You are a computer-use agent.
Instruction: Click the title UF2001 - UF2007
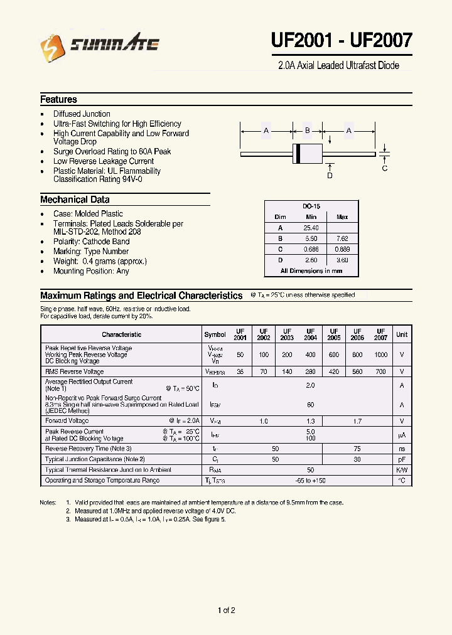pyautogui.click(x=342, y=41)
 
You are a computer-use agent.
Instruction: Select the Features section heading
pyautogui.click(x=58, y=100)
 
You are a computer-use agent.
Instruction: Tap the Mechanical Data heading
pyautogui.click(x=75, y=200)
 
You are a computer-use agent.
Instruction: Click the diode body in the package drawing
pyautogui.click(x=307, y=153)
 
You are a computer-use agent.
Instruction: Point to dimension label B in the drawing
pyautogui.click(x=307, y=131)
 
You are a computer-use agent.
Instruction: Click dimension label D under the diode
pyautogui.click(x=330, y=176)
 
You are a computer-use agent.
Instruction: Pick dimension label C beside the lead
pyautogui.click(x=385, y=168)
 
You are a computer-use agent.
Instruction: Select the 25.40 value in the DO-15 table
pyautogui.click(x=311, y=228)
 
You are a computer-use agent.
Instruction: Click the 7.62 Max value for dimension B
pyautogui.click(x=342, y=238)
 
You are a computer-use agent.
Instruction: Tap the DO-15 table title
pyautogui.click(x=311, y=206)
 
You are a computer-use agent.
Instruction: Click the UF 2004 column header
pyautogui.click(x=310, y=334)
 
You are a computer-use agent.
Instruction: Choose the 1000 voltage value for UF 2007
pyautogui.click(x=380, y=355)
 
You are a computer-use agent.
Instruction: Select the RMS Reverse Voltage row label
pyautogui.click(x=75, y=371)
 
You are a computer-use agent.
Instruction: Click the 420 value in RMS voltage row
pyautogui.click(x=333, y=371)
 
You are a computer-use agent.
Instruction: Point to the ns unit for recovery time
pyautogui.click(x=402, y=449)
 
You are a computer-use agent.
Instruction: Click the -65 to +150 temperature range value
pyautogui.click(x=310, y=481)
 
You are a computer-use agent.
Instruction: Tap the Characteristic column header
pyautogui.click(x=122, y=334)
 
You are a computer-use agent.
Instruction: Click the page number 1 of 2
pyautogui.click(x=226, y=611)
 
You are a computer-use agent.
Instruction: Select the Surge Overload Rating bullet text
pyautogui.click(x=112, y=151)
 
